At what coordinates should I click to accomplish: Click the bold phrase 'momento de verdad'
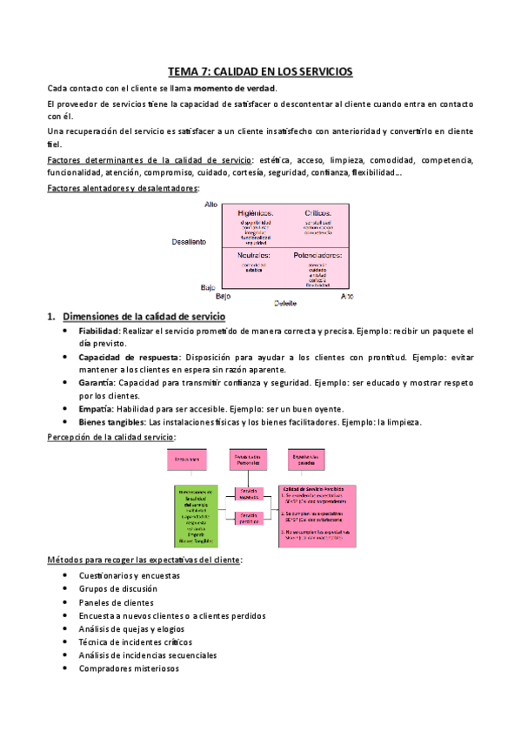[234, 89]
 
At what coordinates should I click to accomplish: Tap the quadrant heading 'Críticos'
[317, 212]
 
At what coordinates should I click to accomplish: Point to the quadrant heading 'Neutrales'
[255, 255]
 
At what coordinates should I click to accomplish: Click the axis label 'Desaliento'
[188, 242]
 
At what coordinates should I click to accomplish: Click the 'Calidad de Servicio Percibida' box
[317, 513]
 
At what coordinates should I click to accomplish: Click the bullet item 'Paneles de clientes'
[116, 602]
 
